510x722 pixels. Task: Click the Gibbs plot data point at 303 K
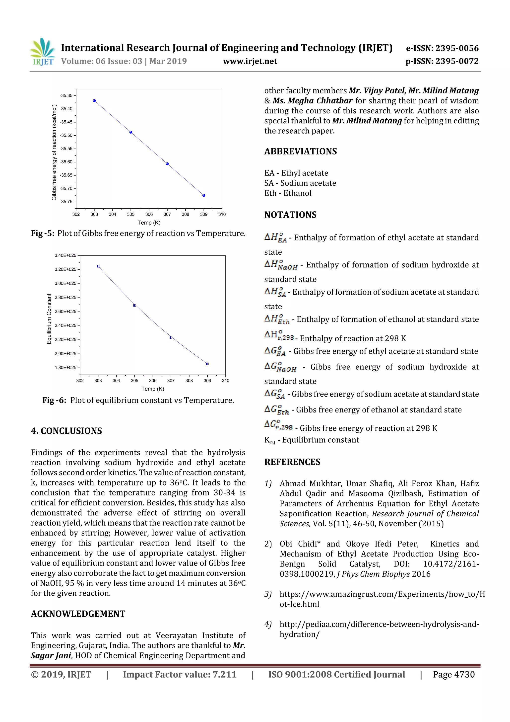click(x=94, y=101)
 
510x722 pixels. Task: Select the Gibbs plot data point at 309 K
click(x=204, y=195)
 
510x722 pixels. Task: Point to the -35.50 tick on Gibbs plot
click(x=66, y=135)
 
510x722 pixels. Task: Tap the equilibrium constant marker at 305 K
click(x=134, y=305)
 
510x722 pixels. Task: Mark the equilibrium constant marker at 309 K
click(x=207, y=364)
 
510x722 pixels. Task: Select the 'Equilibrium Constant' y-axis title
click(x=49, y=319)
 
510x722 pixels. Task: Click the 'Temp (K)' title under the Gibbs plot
click(x=149, y=223)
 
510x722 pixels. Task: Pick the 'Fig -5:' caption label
click(x=42, y=233)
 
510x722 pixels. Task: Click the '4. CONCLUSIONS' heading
click(x=66, y=431)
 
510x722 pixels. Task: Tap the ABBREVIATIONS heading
click(x=300, y=151)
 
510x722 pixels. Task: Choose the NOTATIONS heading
click(x=290, y=215)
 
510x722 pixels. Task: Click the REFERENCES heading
click(x=292, y=462)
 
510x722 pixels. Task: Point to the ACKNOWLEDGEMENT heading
click(x=78, y=614)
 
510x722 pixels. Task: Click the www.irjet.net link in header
click(x=250, y=61)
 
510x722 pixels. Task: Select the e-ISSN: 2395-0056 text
click(x=442, y=48)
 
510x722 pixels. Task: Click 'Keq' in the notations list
click(x=269, y=440)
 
